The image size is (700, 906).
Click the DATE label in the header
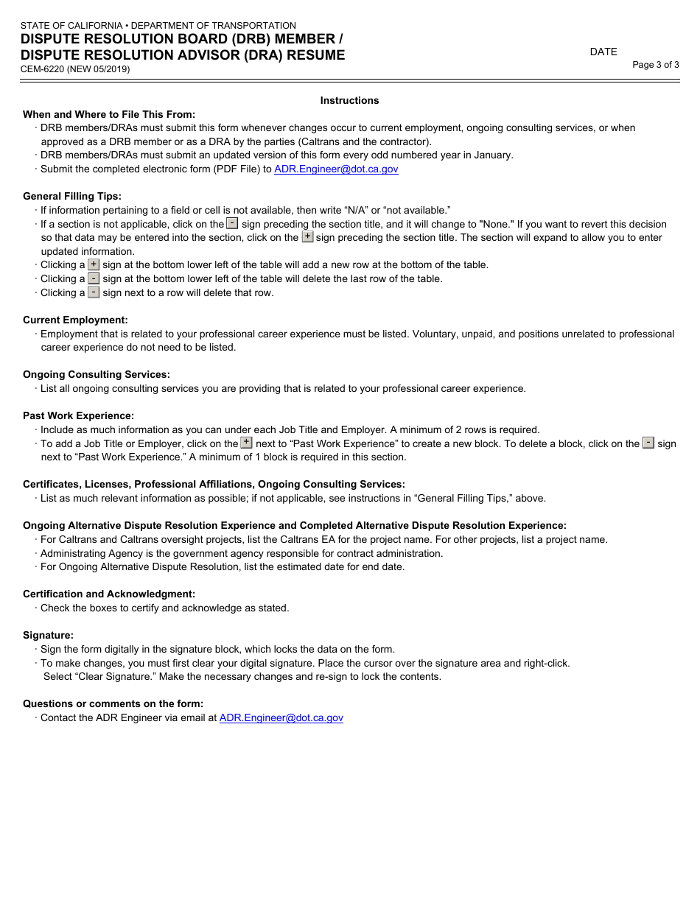pyautogui.click(x=603, y=52)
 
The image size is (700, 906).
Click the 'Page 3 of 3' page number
pyautogui.click(x=655, y=65)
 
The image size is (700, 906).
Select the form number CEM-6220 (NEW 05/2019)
pyautogui.click(x=76, y=69)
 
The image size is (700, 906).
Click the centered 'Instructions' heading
pyautogui.click(x=349, y=100)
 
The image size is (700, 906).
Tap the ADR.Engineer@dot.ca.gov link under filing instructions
pyautogui.click(x=336, y=169)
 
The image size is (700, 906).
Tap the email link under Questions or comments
pyautogui.click(x=281, y=717)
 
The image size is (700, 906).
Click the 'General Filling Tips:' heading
pyautogui.click(x=72, y=196)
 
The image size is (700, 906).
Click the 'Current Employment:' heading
pyautogui.click(x=75, y=320)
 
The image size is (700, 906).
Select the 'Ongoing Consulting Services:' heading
pyautogui.click(x=97, y=374)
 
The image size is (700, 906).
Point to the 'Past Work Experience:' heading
pyautogui.click(x=78, y=415)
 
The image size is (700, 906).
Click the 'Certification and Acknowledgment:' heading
pyautogui.click(x=109, y=594)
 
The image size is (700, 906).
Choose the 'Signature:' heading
pyautogui.click(x=48, y=635)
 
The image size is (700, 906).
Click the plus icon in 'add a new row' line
pyautogui.click(x=94, y=264)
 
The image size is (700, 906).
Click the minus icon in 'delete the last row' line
pyautogui.click(x=94, y=278)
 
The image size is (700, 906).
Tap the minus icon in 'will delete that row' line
pyautogui.click(x=94, y=292)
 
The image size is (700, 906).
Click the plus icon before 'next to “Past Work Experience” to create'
pyautogui.click(x=247, y=443)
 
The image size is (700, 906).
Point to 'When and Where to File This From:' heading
pyautogui.click(x=109, y=114)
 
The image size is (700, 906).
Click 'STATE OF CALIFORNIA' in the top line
pyautogui.click(x=71, y=26)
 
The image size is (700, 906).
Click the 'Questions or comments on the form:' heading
pyautogui.click(x=113, y=703)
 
